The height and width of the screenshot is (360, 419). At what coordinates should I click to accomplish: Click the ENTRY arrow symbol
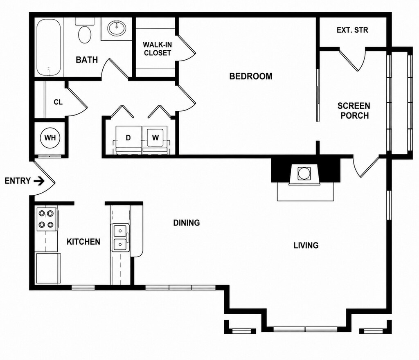tap(39, 181)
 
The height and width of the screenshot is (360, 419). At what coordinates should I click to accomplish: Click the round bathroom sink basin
tap(117, 28)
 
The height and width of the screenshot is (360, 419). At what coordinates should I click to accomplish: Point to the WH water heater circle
tap(50, 138)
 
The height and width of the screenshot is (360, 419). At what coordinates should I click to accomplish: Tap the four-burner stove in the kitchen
tap(47, 219)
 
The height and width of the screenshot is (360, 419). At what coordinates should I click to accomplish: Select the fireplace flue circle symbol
tap(304, 173)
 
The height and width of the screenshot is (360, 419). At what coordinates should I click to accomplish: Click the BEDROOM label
tap(251, 76)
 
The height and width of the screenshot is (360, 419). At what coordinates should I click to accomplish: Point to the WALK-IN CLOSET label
tap(158, 49)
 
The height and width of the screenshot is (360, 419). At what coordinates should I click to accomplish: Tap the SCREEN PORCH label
tap(354, 110)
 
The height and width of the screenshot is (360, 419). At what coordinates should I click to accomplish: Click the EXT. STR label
tap(352, 30)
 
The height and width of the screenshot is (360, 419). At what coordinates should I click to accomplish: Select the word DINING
tap(187, 223)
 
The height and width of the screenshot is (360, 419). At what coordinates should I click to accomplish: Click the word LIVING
tap(306, 245)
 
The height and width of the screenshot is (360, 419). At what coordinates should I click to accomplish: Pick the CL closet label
tap(58, 102)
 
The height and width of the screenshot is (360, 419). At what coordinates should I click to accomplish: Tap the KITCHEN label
tap(83, 242)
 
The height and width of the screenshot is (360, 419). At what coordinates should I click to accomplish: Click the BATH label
tap(87, 60)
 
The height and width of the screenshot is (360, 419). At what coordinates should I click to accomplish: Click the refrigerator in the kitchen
tap(48, 268)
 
